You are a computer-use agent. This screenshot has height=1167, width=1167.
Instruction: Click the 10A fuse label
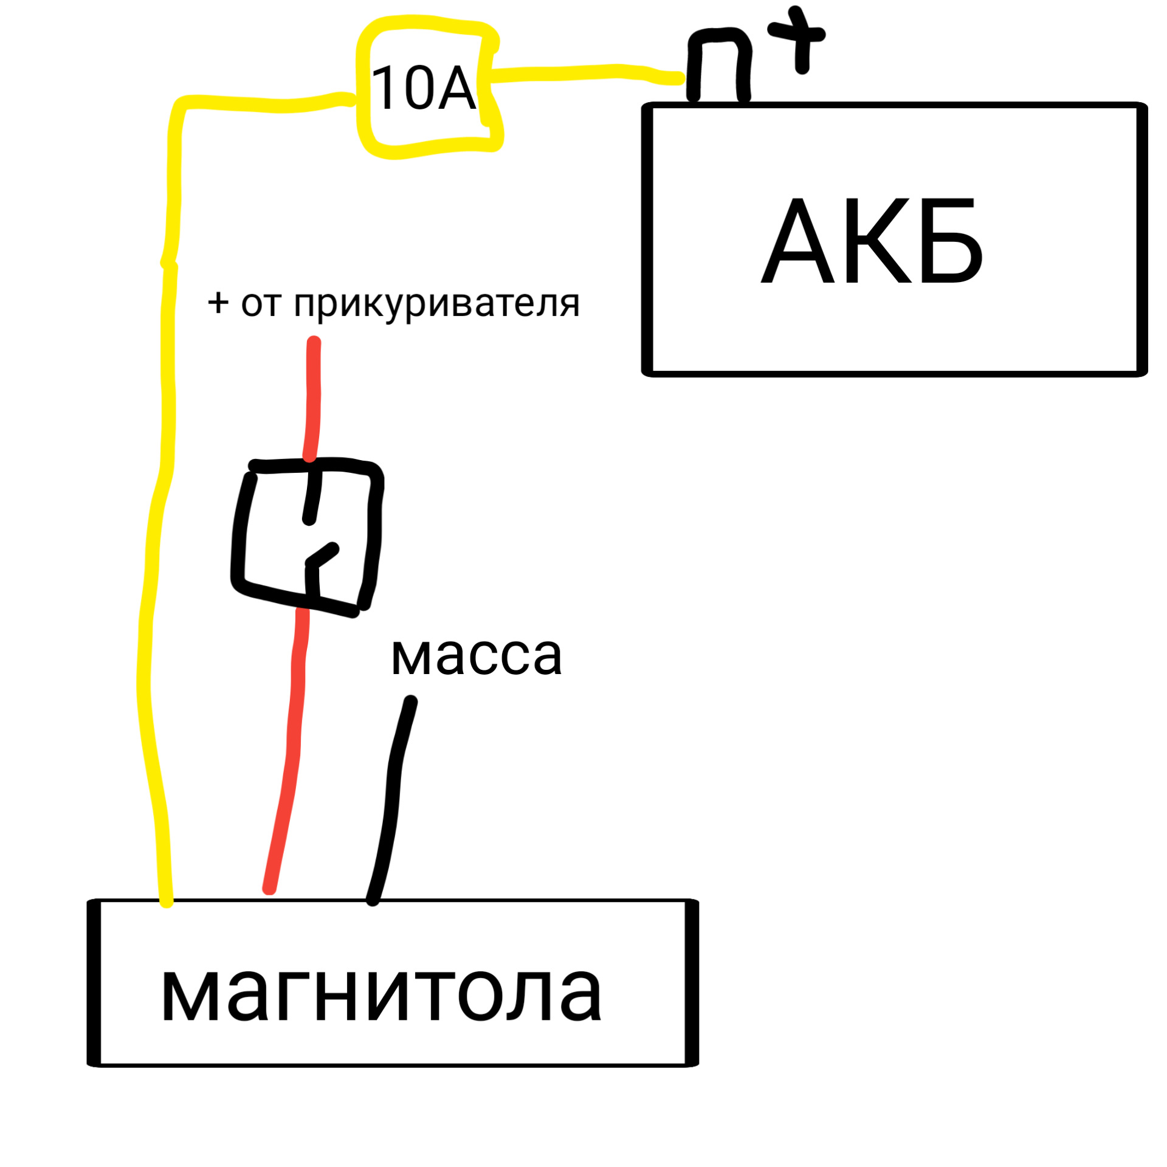click(x=423, y=89)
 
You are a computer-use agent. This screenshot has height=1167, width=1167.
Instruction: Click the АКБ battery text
click(x=871, y=242)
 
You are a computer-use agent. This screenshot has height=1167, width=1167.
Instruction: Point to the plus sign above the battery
click(x=799, y=38)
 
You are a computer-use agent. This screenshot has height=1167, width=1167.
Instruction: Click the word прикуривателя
click(x=436, y=303)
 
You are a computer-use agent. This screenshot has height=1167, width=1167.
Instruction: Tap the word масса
click(x=476, y=657)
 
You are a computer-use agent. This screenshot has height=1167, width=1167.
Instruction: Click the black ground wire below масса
click(x=393, y=802)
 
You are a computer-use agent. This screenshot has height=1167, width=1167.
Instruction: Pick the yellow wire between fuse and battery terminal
click(x=583, y=73)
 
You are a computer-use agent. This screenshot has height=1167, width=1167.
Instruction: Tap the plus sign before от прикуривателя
click(x=218, y=302)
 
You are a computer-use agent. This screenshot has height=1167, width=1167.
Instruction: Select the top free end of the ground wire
click(x=411, y=703)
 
